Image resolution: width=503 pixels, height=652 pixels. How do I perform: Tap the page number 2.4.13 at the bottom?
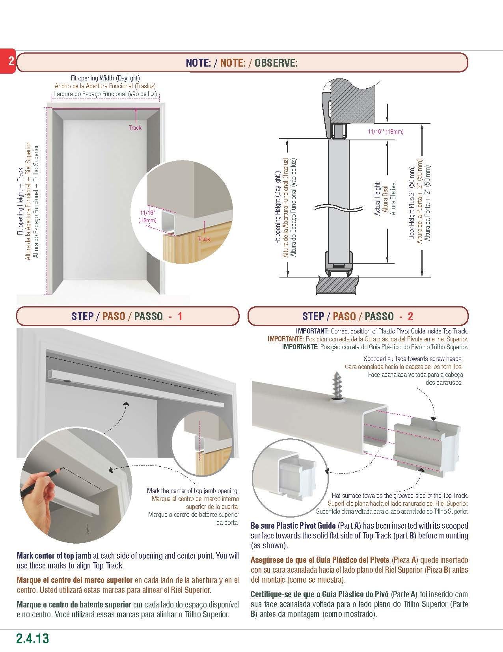click(33, 639)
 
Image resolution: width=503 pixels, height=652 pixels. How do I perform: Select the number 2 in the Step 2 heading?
click(410, 316)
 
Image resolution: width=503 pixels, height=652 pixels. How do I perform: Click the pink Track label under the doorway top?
click(135, 128)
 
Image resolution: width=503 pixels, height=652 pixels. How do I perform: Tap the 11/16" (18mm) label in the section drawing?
click(386, 132)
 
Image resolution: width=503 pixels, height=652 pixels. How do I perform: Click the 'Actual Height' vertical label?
click(377, 199)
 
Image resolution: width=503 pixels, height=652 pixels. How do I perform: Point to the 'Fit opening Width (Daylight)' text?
click(105, 78)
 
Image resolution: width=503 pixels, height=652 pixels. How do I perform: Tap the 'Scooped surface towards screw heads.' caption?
click(413, 359)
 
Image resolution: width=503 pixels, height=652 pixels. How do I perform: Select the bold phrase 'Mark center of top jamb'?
click(54, 556)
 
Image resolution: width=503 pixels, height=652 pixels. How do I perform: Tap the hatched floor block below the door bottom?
click(337, 284)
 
